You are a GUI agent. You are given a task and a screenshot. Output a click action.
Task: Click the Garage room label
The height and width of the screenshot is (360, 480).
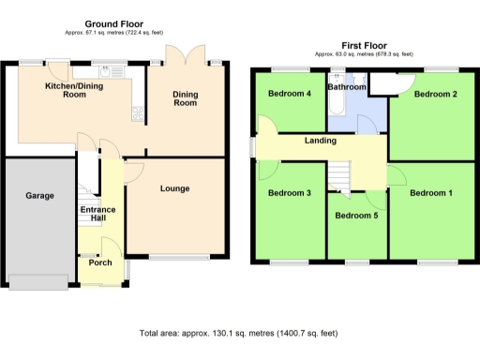click(39, 196)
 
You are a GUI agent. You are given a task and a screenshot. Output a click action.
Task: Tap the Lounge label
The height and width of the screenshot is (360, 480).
click(174, 188)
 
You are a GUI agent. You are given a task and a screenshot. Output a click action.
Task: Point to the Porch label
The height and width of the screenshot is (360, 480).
click(100, 262)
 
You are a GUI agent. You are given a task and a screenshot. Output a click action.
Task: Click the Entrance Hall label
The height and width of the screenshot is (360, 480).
click(97, 214)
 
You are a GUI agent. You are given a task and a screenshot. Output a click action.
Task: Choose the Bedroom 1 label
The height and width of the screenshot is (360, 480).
click(431, 193)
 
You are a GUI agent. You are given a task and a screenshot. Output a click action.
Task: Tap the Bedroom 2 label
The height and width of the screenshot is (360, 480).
click(435, 94)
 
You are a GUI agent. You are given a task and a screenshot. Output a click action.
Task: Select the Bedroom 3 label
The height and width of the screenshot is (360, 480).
click(289, 193)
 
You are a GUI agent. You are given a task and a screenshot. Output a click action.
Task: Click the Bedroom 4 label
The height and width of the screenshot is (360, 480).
click(289, 94)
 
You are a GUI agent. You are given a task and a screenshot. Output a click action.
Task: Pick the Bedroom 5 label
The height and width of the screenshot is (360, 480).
click(357, 215)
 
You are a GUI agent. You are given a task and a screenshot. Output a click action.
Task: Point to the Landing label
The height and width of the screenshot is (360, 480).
click(321, 142)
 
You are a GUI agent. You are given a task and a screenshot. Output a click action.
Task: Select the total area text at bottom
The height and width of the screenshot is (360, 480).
click(237, 333)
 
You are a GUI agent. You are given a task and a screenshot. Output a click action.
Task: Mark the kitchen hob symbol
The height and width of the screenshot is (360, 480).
click(139, 114)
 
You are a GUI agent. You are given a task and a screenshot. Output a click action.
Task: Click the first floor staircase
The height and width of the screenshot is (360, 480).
click(337, 175)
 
